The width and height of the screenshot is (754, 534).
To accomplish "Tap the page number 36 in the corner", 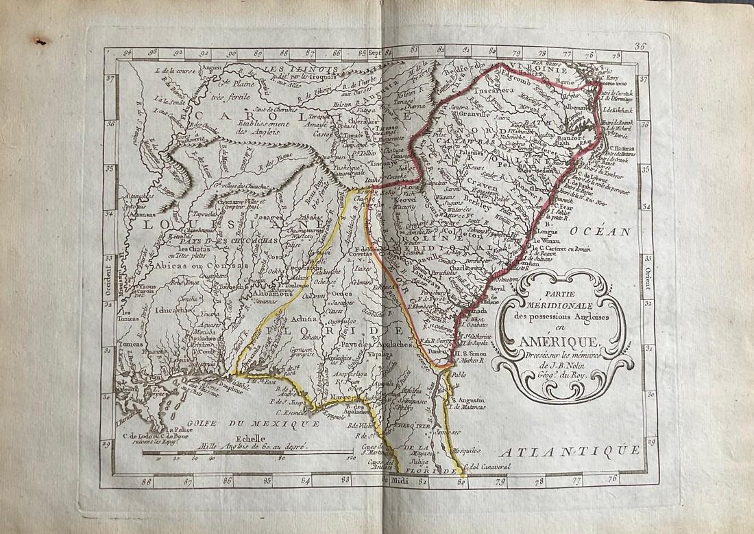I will [x=641, y=47].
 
